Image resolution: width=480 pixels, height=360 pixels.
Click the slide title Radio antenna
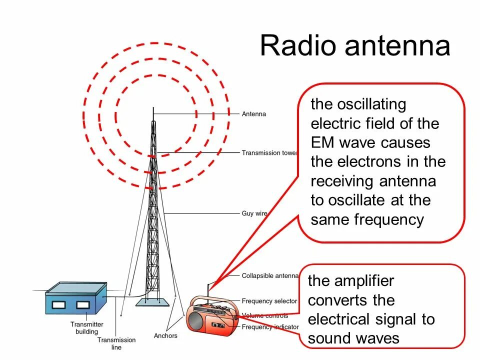point(354,46)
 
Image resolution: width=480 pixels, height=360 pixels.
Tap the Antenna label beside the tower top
point(254,114)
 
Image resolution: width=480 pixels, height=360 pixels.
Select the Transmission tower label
point(269,153)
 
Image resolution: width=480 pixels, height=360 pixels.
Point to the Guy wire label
point(254,213)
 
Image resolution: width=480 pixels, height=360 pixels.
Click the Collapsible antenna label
point(270,276)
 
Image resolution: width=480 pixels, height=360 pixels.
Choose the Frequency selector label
point(269,301)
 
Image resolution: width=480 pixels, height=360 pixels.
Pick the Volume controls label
point(265,315)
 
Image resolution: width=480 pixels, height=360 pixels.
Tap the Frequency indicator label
point(270,327)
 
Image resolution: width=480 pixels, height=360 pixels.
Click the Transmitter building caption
point(86,328)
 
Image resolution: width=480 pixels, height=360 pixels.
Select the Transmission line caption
point(116,343)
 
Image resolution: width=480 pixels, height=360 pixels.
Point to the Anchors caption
point(165,335)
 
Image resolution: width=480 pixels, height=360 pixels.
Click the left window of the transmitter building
point(59,304)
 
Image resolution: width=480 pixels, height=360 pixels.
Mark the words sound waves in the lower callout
point(353,338)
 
